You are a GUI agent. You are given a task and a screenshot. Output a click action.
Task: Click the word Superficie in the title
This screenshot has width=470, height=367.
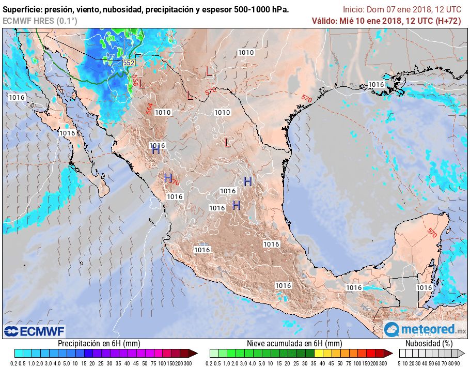click(22, 10)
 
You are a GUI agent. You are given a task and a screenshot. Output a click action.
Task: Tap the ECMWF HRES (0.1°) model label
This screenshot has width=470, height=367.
click(40, 21)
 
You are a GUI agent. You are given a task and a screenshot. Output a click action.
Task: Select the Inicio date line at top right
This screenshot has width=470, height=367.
click(402, 10)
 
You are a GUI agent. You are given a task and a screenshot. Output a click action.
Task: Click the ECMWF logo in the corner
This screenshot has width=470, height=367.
click(35, 331)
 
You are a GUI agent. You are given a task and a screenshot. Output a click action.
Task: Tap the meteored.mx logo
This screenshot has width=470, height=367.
click(425, 329)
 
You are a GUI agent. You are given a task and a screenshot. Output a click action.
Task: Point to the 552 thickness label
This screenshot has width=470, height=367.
click(129, 63)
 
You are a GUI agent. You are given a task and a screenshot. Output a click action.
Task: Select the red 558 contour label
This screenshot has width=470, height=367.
click(135, 81)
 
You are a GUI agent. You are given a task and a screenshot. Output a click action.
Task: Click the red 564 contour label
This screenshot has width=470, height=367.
click(149, 109)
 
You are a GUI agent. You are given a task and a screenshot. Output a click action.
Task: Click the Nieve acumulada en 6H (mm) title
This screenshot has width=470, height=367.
click(294, 343)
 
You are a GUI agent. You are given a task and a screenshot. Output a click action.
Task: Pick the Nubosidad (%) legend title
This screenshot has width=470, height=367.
click(429, 343)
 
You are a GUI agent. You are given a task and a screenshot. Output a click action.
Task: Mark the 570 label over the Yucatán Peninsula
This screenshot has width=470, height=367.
click(431, 233)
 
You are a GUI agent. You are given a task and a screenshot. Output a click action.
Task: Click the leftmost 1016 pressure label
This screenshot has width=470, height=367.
click(17, 97)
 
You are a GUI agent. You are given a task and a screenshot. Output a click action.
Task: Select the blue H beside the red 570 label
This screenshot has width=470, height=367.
click(168, 178)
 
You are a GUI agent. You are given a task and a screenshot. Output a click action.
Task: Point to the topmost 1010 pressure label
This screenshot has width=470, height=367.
click(246, 52)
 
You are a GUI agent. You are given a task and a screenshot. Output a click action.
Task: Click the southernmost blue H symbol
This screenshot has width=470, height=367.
click(237, 205)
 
